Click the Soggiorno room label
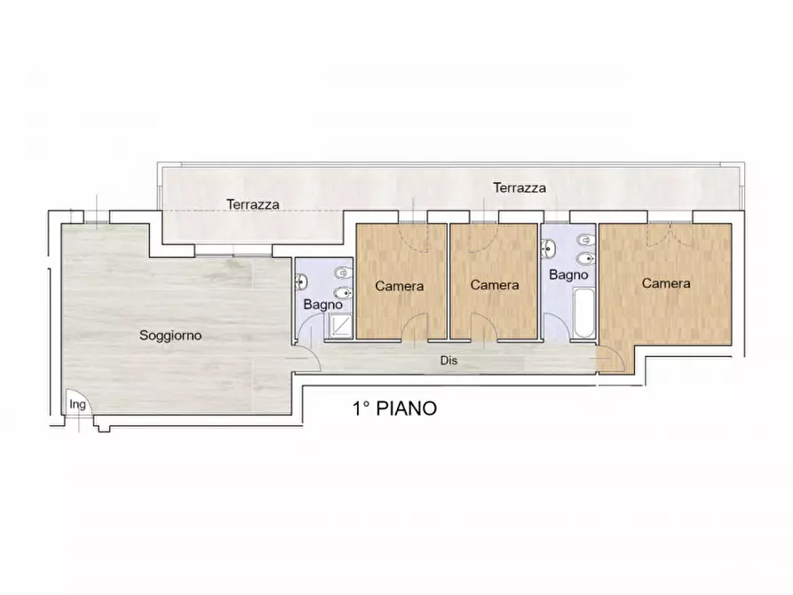click(170, 336)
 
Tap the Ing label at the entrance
click(78, 405)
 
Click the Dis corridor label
click(448, 361)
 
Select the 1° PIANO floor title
click(394, 409)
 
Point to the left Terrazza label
click(252, 204)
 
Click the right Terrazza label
click(519, 188)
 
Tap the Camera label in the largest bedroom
click(666, 284)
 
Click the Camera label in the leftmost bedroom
click(399, 286)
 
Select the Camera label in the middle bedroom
click(495, 285)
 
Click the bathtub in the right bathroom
click(583, 312)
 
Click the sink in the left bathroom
click(301, 282)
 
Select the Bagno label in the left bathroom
click(322, 305)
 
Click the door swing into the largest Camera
click(610, 360)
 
